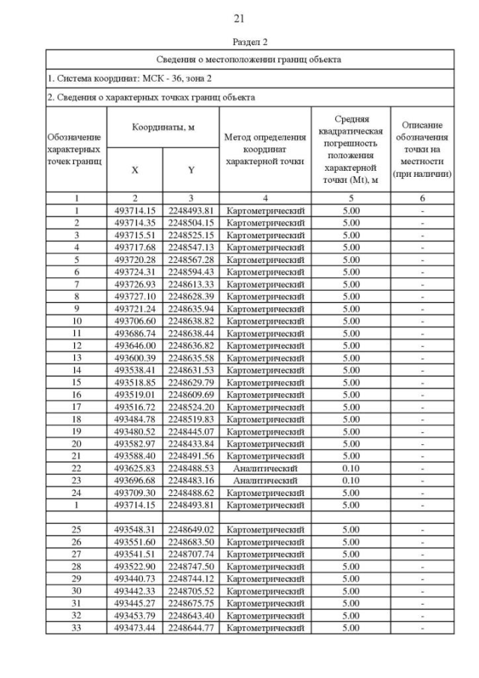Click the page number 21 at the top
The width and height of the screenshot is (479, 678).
tap(239, 18)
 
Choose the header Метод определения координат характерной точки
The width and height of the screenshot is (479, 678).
tap(265, 150)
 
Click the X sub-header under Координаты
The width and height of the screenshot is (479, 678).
tap(135, 170)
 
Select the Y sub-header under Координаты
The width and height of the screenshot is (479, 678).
tap(191, 170)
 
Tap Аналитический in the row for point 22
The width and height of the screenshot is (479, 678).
tap(265, 467)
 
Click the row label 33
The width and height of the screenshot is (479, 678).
tap(76, 627)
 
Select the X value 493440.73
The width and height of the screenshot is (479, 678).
tap(135, 578)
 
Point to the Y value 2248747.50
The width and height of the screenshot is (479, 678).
tap(191, 566)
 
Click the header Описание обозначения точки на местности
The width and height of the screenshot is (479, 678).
tap(423, 150)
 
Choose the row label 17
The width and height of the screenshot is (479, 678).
tap(76, 406)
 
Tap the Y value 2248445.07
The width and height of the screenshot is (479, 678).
tap(191, 431)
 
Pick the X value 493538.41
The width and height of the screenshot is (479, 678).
tap(135, 369)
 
